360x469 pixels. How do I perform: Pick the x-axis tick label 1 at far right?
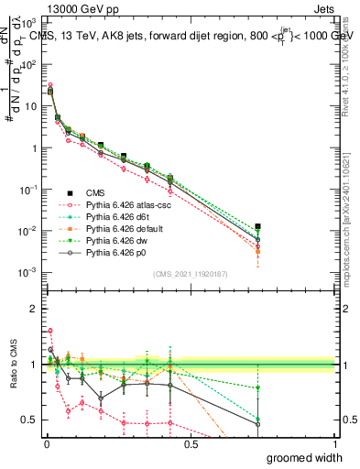pyautogui.click(x=333, y=443)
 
